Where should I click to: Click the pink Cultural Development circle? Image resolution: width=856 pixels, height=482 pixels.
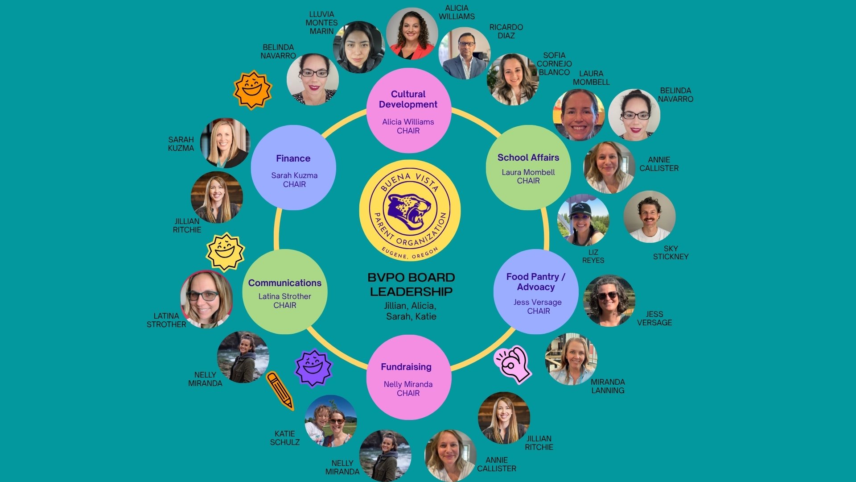pos(409,111)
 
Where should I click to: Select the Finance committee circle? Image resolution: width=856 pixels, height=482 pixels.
pos(293,167)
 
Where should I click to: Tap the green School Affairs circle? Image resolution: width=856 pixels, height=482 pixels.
pos(528,167)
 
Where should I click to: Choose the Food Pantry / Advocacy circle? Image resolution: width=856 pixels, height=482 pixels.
pos(536,291)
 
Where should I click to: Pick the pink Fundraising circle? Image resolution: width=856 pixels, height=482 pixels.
pos(409,377)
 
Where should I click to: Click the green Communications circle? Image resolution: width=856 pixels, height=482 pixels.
pos(285,291)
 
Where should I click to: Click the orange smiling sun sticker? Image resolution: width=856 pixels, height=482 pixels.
pos(252,90)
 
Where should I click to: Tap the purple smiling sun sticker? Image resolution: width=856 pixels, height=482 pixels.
pos(313,368)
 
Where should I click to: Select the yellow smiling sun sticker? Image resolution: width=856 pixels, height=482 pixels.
pos(225,252)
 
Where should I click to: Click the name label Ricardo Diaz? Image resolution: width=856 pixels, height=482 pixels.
pos(506,31)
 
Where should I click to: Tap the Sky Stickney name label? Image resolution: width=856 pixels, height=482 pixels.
pos(671,253)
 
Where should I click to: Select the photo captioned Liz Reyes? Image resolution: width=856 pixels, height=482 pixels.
pos(583,220)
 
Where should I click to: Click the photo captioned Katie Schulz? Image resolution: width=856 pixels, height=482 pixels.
pos(331,421)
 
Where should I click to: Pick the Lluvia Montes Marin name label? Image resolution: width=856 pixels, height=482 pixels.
pos(321,23)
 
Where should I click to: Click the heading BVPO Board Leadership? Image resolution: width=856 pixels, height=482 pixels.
pos(411,284)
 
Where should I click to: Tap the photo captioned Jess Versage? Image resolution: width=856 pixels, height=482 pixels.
pos(609,301)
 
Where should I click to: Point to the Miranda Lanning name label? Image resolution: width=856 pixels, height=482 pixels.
pos(608,386)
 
